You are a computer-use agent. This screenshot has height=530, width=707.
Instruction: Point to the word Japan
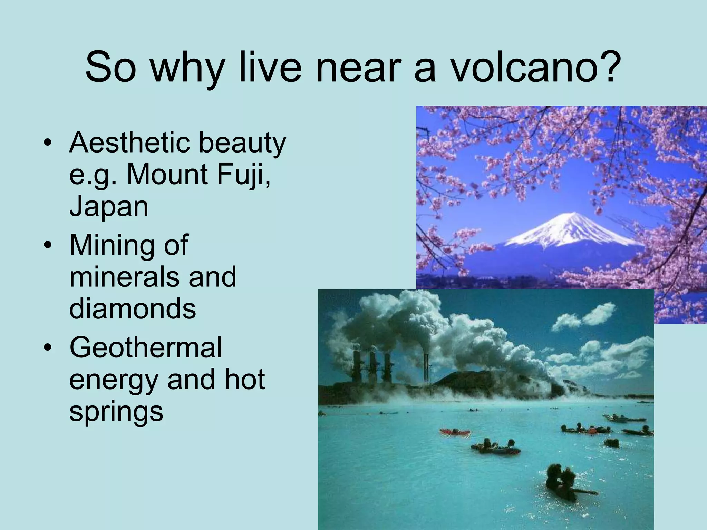pos(109,207)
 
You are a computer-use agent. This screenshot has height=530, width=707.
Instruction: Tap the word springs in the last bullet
pos(116,413)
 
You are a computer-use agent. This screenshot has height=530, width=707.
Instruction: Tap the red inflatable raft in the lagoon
pos(455,431)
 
